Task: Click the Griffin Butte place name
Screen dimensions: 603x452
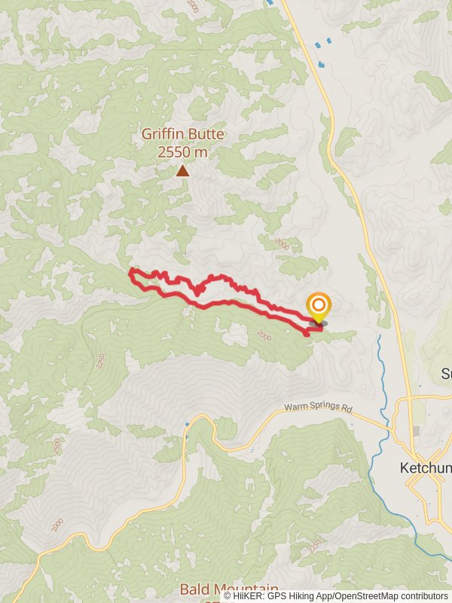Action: coord(183,136)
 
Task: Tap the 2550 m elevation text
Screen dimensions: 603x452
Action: coord(183,152)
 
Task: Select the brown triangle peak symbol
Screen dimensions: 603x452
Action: coord(182,171)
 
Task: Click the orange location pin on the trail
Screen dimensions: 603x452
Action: coord(319,306)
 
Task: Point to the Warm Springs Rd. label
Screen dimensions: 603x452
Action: coord(318,409)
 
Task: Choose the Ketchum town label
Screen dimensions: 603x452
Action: coord(426,468)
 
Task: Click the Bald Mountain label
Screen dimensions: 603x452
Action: coord(229,589)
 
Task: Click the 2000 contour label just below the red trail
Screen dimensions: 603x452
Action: coord(263,335)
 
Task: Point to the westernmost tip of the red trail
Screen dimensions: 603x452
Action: coord(131,271)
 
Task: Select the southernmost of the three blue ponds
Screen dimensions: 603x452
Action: coord(322,64)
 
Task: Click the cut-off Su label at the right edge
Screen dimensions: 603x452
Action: coord(446,374)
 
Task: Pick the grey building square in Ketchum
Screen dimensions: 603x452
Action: coord(417,430)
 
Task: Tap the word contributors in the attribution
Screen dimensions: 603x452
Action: coord(423,596)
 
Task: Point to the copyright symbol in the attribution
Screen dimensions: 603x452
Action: coord(228,596)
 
